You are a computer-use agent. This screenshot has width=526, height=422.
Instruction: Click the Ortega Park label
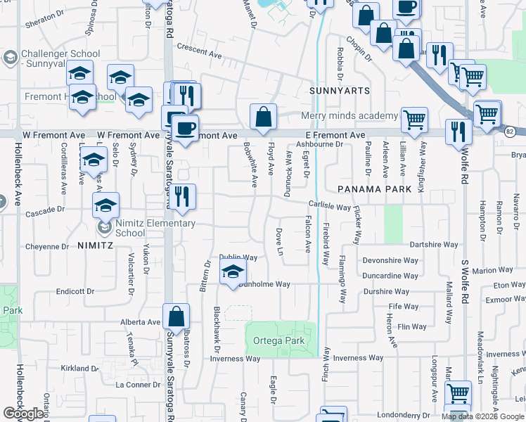point(279,341)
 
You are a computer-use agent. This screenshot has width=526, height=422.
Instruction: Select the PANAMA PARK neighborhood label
point(373,189)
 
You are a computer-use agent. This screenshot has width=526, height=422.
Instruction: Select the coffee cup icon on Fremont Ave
point(184,128)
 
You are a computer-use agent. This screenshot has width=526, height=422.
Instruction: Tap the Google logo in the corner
point(23,414)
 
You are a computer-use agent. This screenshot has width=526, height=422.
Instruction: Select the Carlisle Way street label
point(328,207)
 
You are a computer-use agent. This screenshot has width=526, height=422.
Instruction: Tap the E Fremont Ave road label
point(335,134)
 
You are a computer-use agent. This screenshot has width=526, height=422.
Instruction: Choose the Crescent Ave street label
point(199,51)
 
